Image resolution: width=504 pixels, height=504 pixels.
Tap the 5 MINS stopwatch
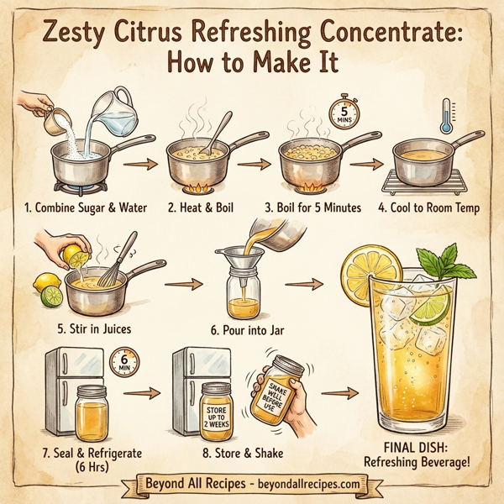343,113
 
